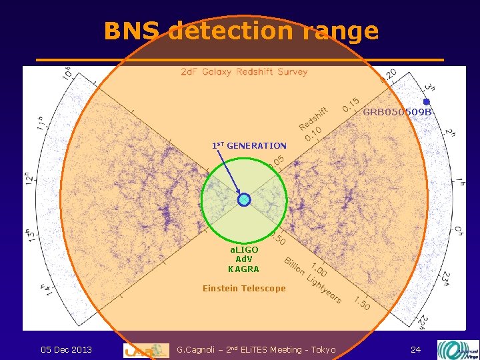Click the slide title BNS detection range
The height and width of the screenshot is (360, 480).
point(241,31)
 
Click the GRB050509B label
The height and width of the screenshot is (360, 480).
point(397,112)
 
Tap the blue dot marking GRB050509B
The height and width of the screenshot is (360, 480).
point(427,102)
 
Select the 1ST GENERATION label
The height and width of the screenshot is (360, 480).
point(249,145)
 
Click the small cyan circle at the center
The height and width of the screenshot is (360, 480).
point(245,199)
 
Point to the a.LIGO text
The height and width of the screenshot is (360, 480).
point(243,249)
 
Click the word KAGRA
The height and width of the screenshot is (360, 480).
point(243,269)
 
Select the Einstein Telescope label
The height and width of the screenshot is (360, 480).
point(244,289)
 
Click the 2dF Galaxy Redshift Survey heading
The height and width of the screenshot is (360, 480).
point(244,72)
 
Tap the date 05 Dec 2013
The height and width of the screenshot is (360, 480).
point(66,349)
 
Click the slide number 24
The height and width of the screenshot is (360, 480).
point(415,349)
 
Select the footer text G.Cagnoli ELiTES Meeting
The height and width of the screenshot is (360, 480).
point(257,349)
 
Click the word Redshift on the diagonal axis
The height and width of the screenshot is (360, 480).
point(314,119)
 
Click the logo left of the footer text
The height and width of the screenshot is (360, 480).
point(146,350)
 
